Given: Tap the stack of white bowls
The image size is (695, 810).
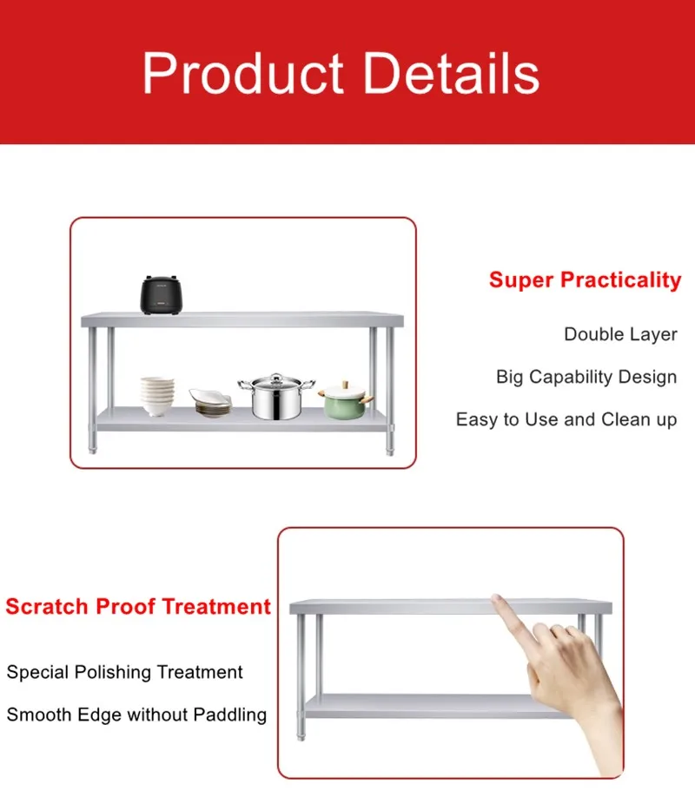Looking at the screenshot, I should [157, 396].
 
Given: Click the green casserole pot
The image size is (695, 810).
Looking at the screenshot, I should [345, 401].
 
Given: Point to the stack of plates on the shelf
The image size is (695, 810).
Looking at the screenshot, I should [211, 403].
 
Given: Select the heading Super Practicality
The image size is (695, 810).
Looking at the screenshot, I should [585, 280].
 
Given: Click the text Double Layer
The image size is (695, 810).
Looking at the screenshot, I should [620, 334].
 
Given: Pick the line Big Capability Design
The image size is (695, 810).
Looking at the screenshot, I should [586, 377].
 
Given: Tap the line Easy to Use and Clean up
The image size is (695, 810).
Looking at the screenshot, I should [566, 419].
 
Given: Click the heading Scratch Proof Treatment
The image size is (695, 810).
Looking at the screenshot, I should [138, 606].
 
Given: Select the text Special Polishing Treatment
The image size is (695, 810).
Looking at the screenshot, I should [125, 672].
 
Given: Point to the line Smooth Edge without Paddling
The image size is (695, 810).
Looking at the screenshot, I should [136, 715].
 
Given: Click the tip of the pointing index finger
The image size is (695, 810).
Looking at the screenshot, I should [498, 599].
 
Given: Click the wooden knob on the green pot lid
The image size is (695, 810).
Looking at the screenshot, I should [346, 383].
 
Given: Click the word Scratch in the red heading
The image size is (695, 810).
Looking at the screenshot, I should [47, 606].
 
